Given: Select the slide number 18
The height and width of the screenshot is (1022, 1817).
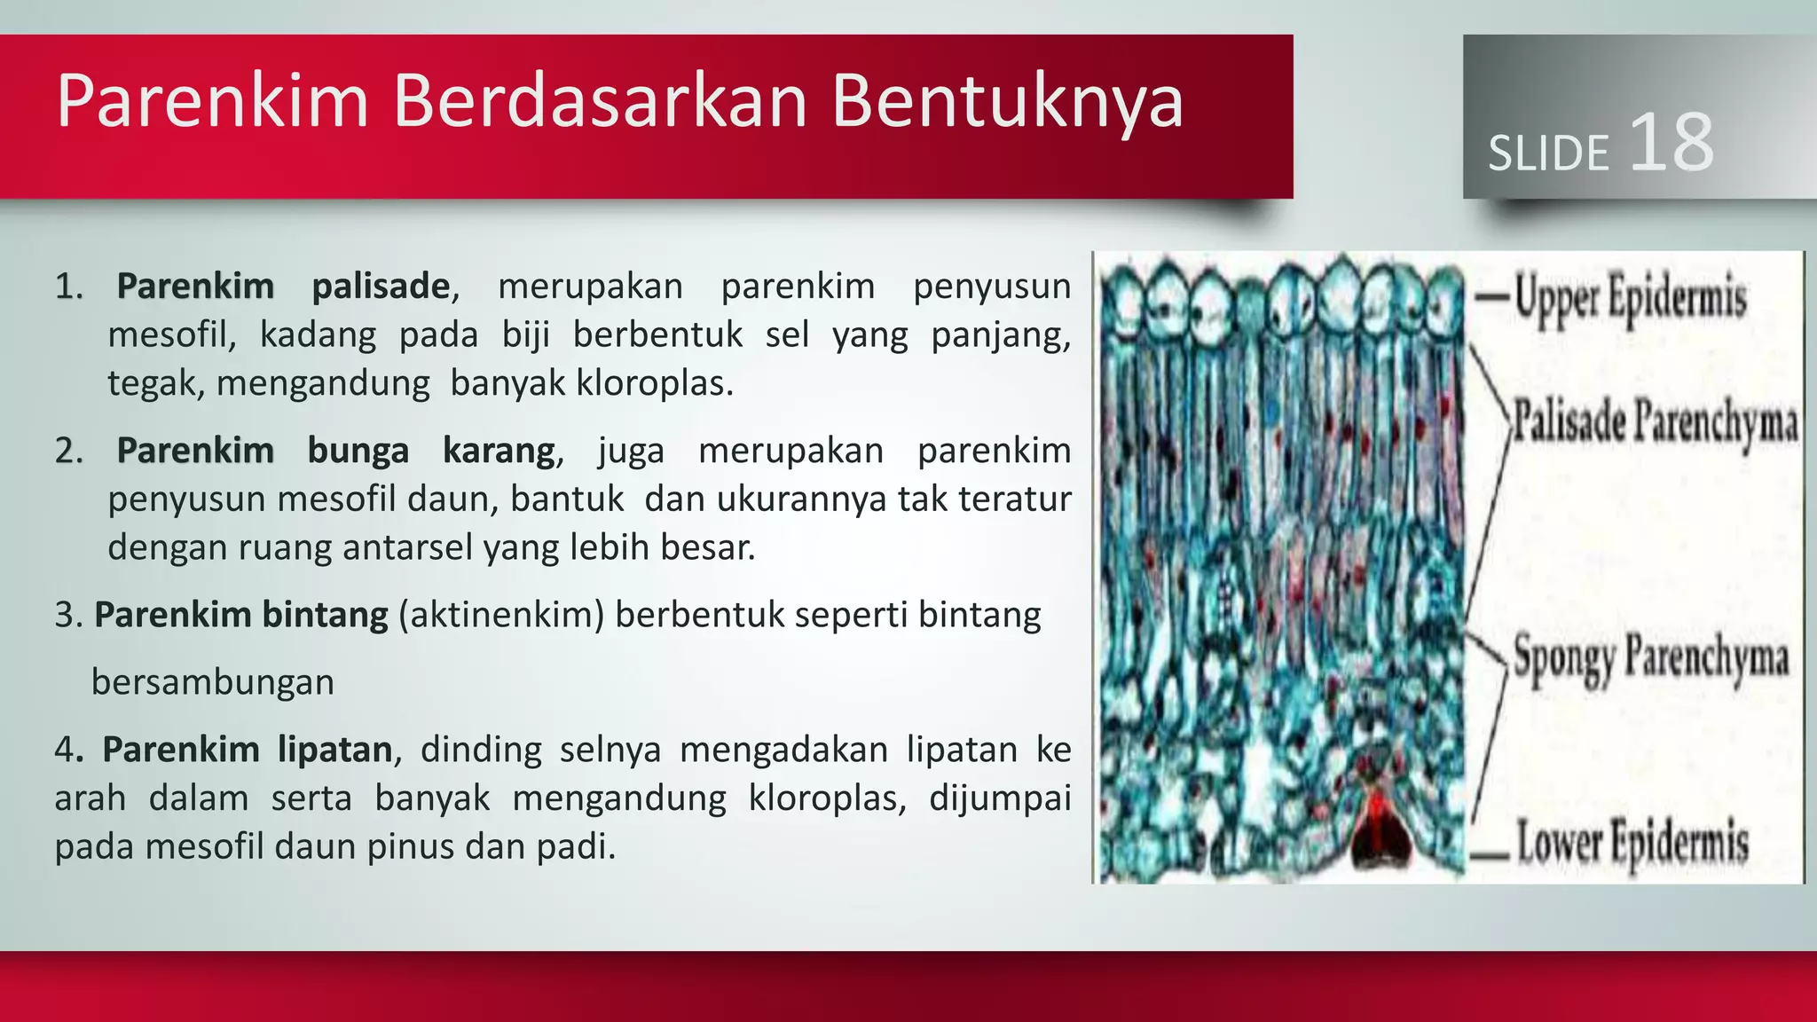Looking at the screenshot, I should point(1671,143).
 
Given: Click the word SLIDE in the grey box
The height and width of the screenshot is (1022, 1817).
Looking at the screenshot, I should point(1548,153).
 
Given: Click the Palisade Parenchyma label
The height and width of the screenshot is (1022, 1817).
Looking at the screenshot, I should point(1655,421).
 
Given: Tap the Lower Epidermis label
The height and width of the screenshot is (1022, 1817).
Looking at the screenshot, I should point(1632,843).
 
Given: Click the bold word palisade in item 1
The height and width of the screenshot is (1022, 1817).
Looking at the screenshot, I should point(381,287).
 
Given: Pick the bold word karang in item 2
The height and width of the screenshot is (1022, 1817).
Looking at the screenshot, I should point(499,451).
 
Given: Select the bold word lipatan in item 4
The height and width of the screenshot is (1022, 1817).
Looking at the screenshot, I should point(334,750).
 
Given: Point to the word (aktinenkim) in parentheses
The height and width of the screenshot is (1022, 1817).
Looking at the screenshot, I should point(501,615).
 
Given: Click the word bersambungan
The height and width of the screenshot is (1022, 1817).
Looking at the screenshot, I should point(213,682).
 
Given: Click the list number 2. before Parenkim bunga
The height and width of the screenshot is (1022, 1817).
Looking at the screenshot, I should point(68,451).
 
